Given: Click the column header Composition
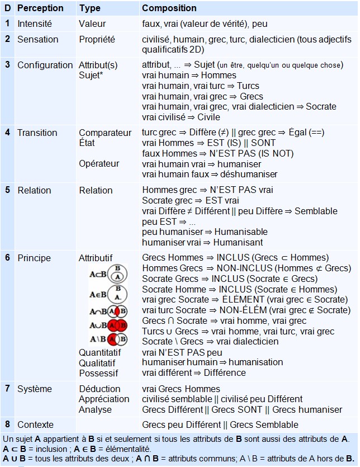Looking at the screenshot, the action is pyautogui.click(x=169, y=8).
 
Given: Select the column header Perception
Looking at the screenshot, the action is pyautogui.click(x=40, y=8).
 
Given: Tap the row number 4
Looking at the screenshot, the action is pyautogui.click(x=8, y=133).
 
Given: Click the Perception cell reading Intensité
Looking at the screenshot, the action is pyautogui.click(x=35, y=24).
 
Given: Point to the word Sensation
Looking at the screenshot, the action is pyautogui.click(x=37, y=39).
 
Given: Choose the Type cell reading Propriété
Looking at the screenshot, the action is pyautogui.click(x=97, y=39).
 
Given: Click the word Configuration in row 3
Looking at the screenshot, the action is pyautogui.click(x=45, y=65).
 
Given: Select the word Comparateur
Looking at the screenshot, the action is pyautogui.click(x=105, y=133).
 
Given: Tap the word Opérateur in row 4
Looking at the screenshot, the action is pyautogui.click(x=99, y=164).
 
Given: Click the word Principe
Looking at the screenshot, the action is pyautogui.click(x=34, y=258).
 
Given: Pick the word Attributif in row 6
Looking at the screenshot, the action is pyautogui.click(x=96, y=258).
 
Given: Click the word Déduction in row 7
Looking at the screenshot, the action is pyautogui.click(x=100, y=389).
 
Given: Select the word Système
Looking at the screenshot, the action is pyautogui.click(x=35, y=389).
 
